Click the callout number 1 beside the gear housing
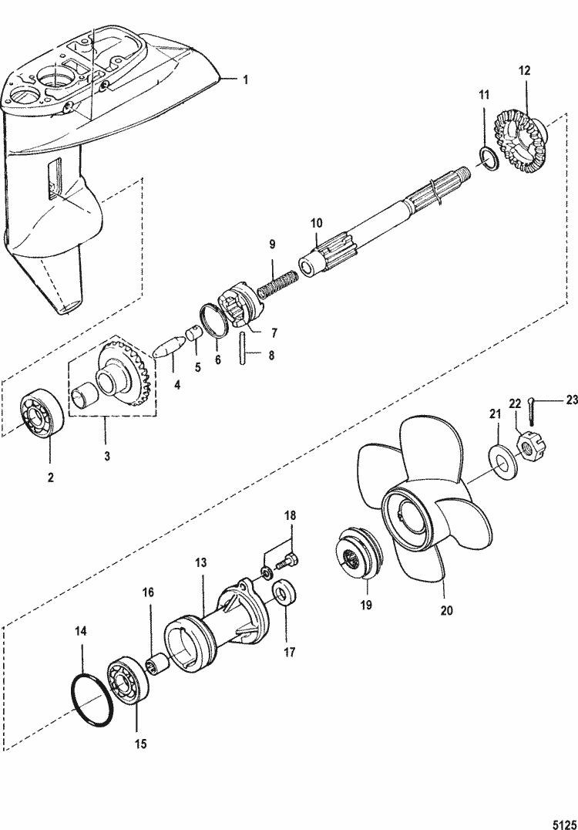[x=246, y=79]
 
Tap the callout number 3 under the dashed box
[x=106, y=456]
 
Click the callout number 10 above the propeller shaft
[x=317, y=224]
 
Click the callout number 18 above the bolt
[x=290, y=515]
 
